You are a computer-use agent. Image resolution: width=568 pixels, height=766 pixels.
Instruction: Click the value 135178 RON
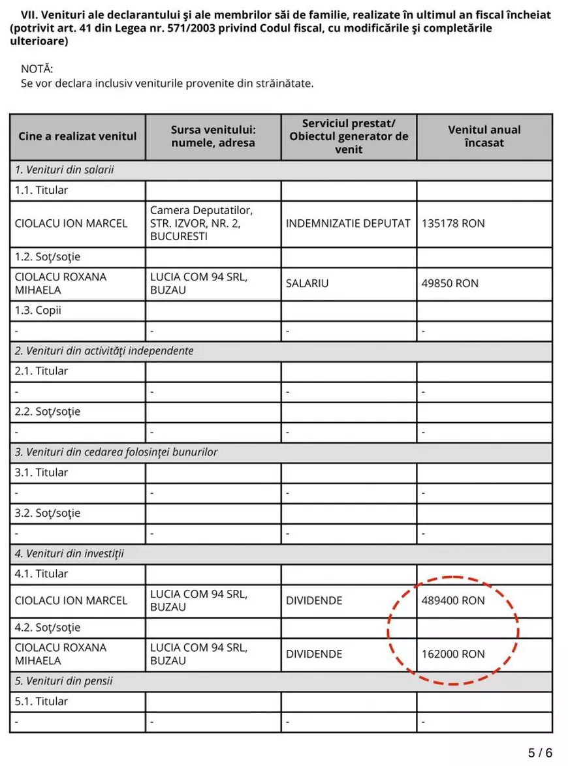click(453, 223)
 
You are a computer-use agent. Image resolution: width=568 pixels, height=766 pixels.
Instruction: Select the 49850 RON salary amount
click(450, 283)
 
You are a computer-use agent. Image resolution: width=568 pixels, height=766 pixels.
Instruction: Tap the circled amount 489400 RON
click(453, 600)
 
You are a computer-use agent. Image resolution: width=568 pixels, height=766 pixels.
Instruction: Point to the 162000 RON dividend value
click(453, 654)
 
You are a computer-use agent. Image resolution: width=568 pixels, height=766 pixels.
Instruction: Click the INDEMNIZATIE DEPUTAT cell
click(348, 223)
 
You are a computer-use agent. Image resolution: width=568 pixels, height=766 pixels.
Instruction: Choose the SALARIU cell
click(307, 283)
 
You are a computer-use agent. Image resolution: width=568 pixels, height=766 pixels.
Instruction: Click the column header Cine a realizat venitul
click(78, 136)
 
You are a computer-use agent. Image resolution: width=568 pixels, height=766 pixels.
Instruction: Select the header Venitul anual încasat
click(484, 136)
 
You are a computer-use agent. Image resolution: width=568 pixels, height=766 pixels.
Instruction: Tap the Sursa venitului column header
click(213, 136)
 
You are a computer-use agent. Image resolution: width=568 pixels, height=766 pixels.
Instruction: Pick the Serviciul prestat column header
click(349, 136)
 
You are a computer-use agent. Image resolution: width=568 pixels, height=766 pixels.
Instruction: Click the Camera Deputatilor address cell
click(202, 223)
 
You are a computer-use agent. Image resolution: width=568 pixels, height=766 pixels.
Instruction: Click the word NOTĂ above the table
click(37, 69)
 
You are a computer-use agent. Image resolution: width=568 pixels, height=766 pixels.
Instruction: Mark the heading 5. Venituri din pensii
click(63, 681)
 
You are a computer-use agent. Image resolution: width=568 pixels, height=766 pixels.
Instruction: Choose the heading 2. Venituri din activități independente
click(104, 350)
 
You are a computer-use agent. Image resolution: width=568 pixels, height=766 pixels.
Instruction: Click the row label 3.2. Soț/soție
click(48, 513)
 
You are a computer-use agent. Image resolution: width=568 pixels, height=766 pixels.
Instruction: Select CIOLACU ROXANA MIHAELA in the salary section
click(60, 283)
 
